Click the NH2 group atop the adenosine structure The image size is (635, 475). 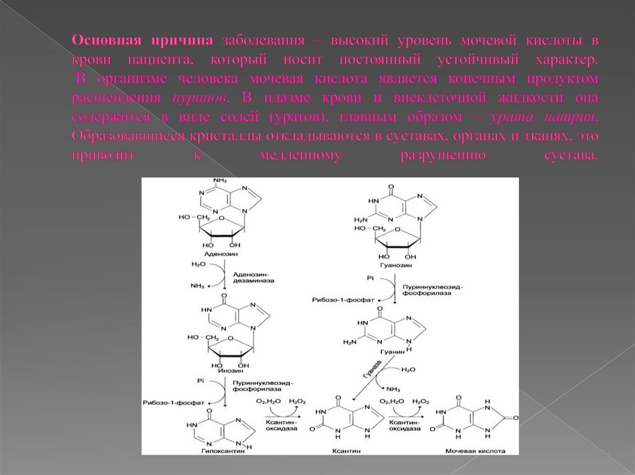(x=220, y=181)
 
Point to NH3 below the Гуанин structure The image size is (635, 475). (x=393, y=389)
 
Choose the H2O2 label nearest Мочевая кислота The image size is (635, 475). (x=420, y=402)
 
